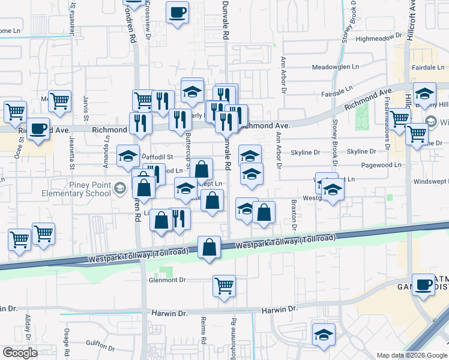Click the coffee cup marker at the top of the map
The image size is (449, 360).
coord(178,13)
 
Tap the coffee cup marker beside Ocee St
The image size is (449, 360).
coord(38,128)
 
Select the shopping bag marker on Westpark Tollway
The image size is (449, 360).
coord(208,247)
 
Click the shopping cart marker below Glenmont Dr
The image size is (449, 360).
coord(224,286)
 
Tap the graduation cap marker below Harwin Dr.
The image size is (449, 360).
coord(324,335)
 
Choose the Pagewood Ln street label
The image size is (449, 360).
coord(382,164)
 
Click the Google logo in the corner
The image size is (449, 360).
coord(20,353)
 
